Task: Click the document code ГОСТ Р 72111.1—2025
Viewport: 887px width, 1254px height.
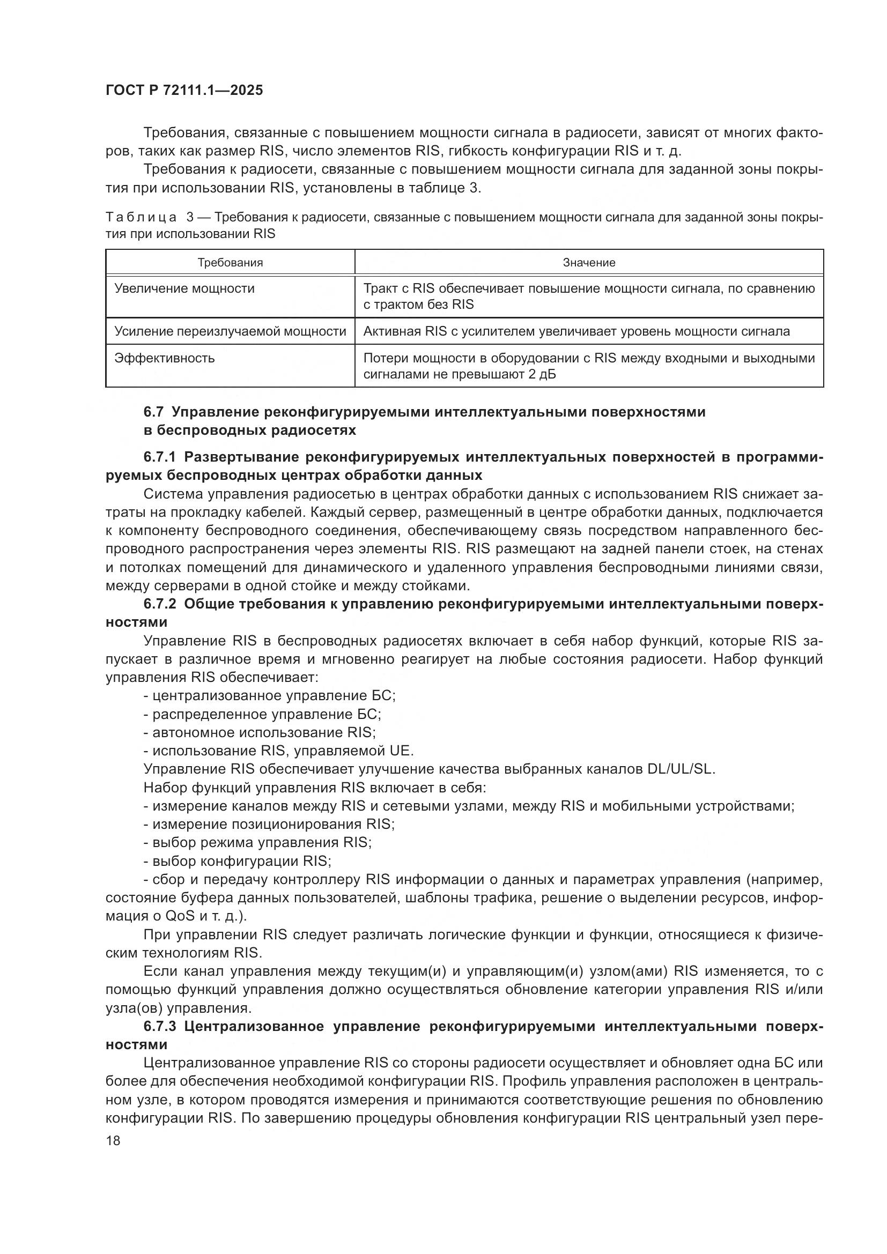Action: point(184,91)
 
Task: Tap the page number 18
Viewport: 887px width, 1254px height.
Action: point(113,1140)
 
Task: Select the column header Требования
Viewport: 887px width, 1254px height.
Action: point(230,263)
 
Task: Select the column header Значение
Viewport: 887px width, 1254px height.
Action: point(589,263)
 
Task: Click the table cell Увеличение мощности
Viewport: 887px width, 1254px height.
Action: point(184,288)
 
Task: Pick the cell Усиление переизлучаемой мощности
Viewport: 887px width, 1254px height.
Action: point(230,331)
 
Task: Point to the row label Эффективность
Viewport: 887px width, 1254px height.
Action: point(165,358)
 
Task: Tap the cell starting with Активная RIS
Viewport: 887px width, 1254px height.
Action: point(576,331)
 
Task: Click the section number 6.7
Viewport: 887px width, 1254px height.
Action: point(153,412)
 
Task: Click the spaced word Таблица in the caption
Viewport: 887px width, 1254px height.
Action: point(141,217)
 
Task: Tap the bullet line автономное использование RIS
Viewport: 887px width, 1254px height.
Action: point(260,732)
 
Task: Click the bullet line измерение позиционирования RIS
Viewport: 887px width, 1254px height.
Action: point(269,824)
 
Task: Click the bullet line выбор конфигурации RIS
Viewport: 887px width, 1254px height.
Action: point(238,862)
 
